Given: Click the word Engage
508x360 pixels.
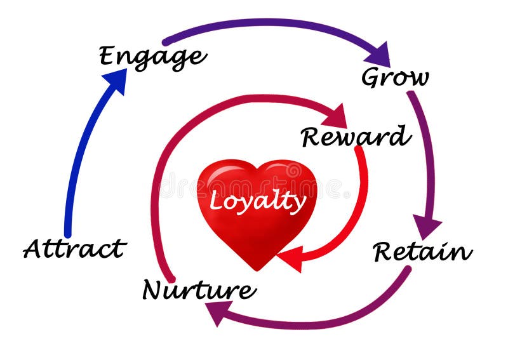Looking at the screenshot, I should [152, 57].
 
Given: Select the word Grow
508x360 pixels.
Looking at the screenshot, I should [394, 77].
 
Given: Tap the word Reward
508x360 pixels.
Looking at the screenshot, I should [355, 136].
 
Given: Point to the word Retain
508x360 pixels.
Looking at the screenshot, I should [422, 251].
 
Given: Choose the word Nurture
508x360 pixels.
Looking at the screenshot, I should [199, 290].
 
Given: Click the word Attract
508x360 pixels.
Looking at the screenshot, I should [75, 248].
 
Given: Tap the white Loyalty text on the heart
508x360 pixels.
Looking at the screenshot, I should [257, 201].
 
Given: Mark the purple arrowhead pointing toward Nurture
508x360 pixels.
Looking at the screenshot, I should [219, 312].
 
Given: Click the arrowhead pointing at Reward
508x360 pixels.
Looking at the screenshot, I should [335, 116].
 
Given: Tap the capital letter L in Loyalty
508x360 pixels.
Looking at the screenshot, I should [216, 201].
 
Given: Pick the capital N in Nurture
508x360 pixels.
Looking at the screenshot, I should [154, 290].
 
